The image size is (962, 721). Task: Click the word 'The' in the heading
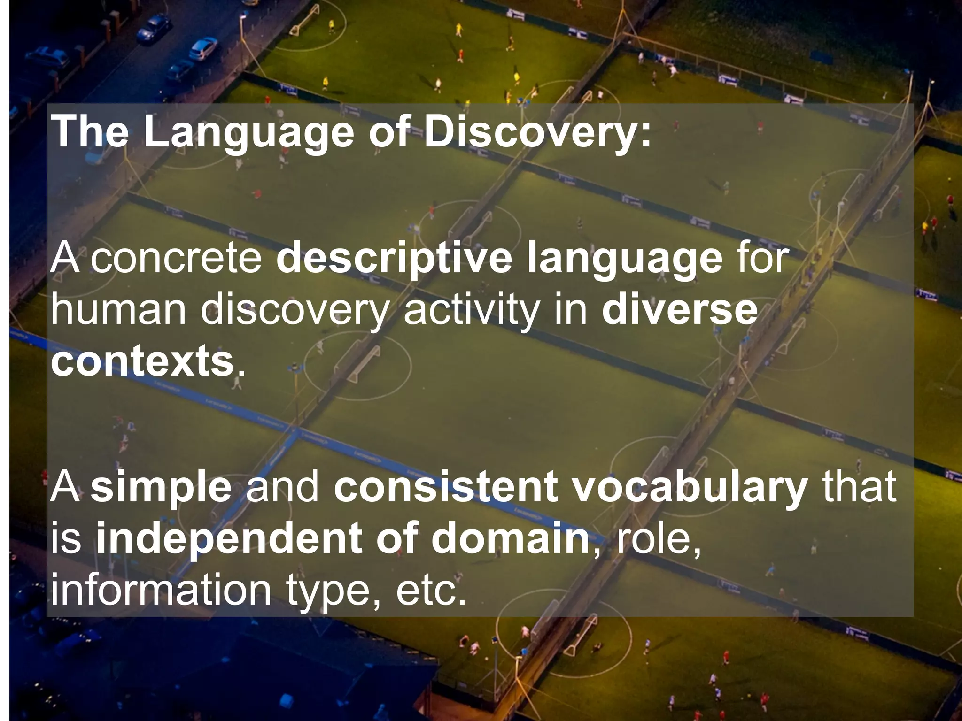click(x=89, y=132)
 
